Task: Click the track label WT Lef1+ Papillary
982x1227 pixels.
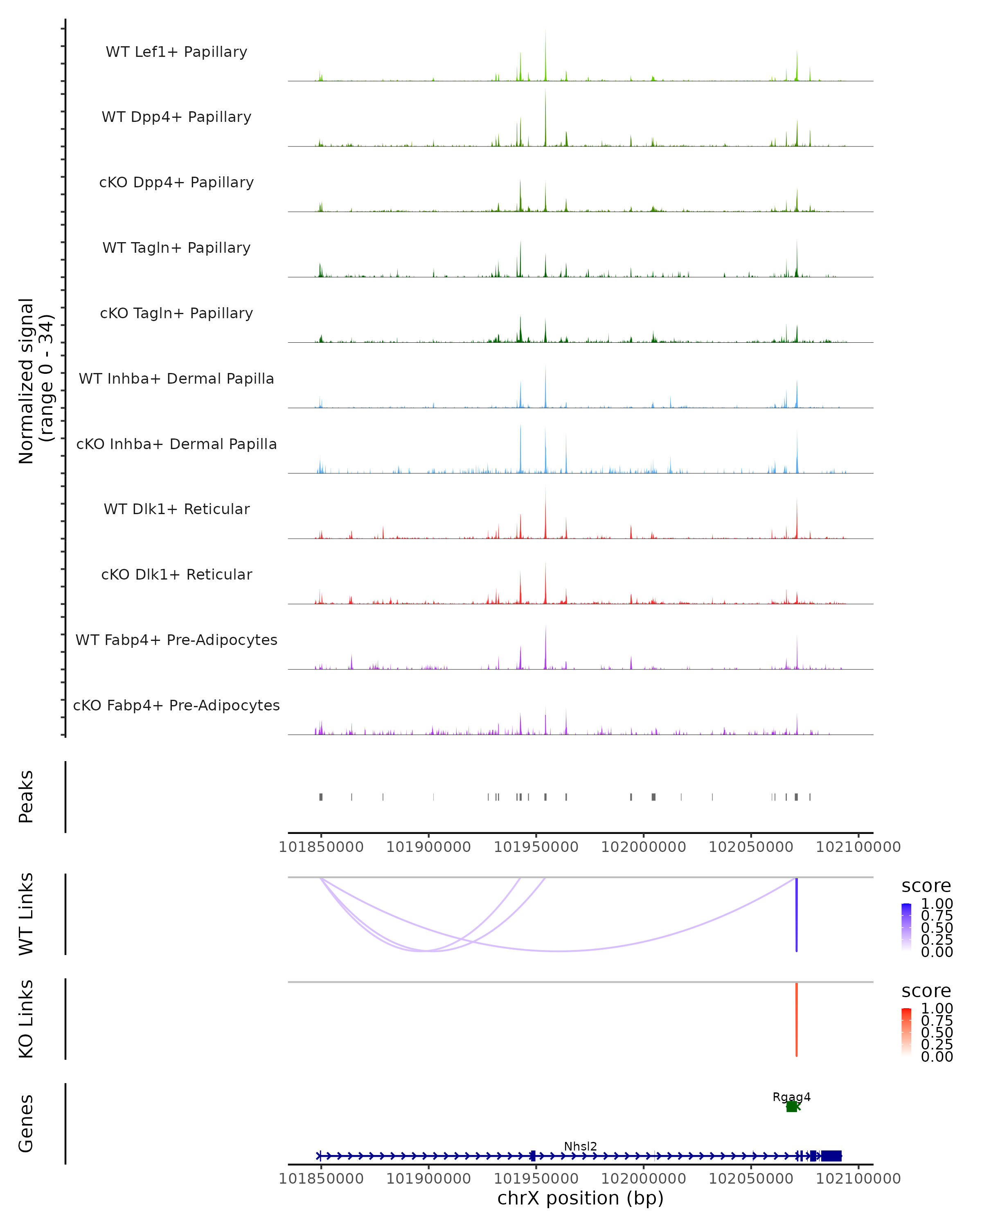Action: coord(176,52)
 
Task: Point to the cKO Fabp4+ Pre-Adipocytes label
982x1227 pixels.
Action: coord(176,705)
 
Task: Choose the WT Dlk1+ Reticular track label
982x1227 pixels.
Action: coord(176,509)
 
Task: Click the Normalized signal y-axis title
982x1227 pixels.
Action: coord(35,381)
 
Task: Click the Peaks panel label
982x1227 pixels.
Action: coord(26,796)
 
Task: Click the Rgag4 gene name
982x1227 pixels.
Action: coord(791,1097)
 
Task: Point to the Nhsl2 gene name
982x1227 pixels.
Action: coord(580,1146)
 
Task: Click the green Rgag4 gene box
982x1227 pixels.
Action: coord(791,1106)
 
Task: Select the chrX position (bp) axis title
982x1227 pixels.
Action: coord(580,1198)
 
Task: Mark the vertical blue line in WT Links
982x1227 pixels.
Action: coord(796,915)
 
